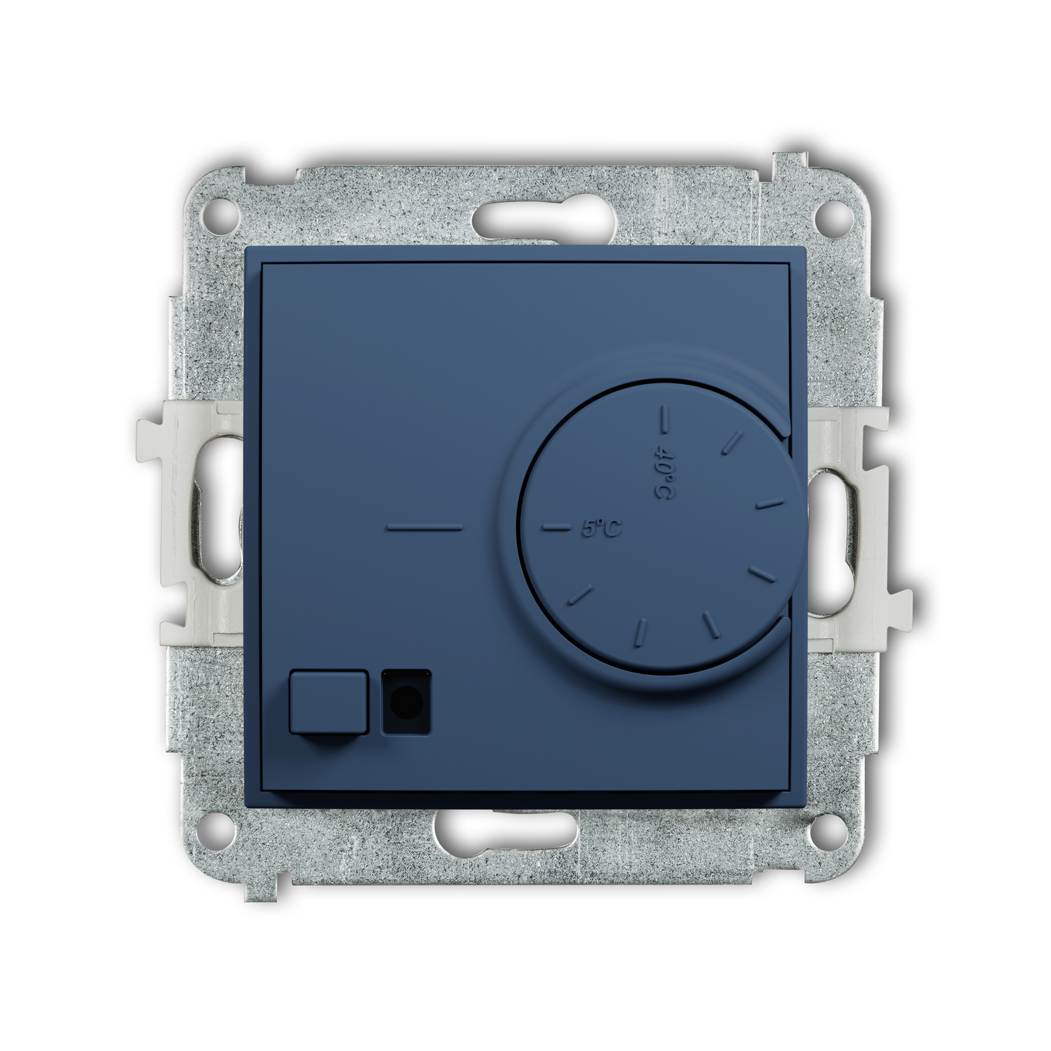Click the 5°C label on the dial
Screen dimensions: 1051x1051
(601, 528)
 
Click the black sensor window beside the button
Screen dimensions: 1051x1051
(407, 701)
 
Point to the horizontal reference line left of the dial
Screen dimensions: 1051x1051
(424, 527)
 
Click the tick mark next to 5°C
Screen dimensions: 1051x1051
(554, 527)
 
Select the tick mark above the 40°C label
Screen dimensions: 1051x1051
(664, 420)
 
